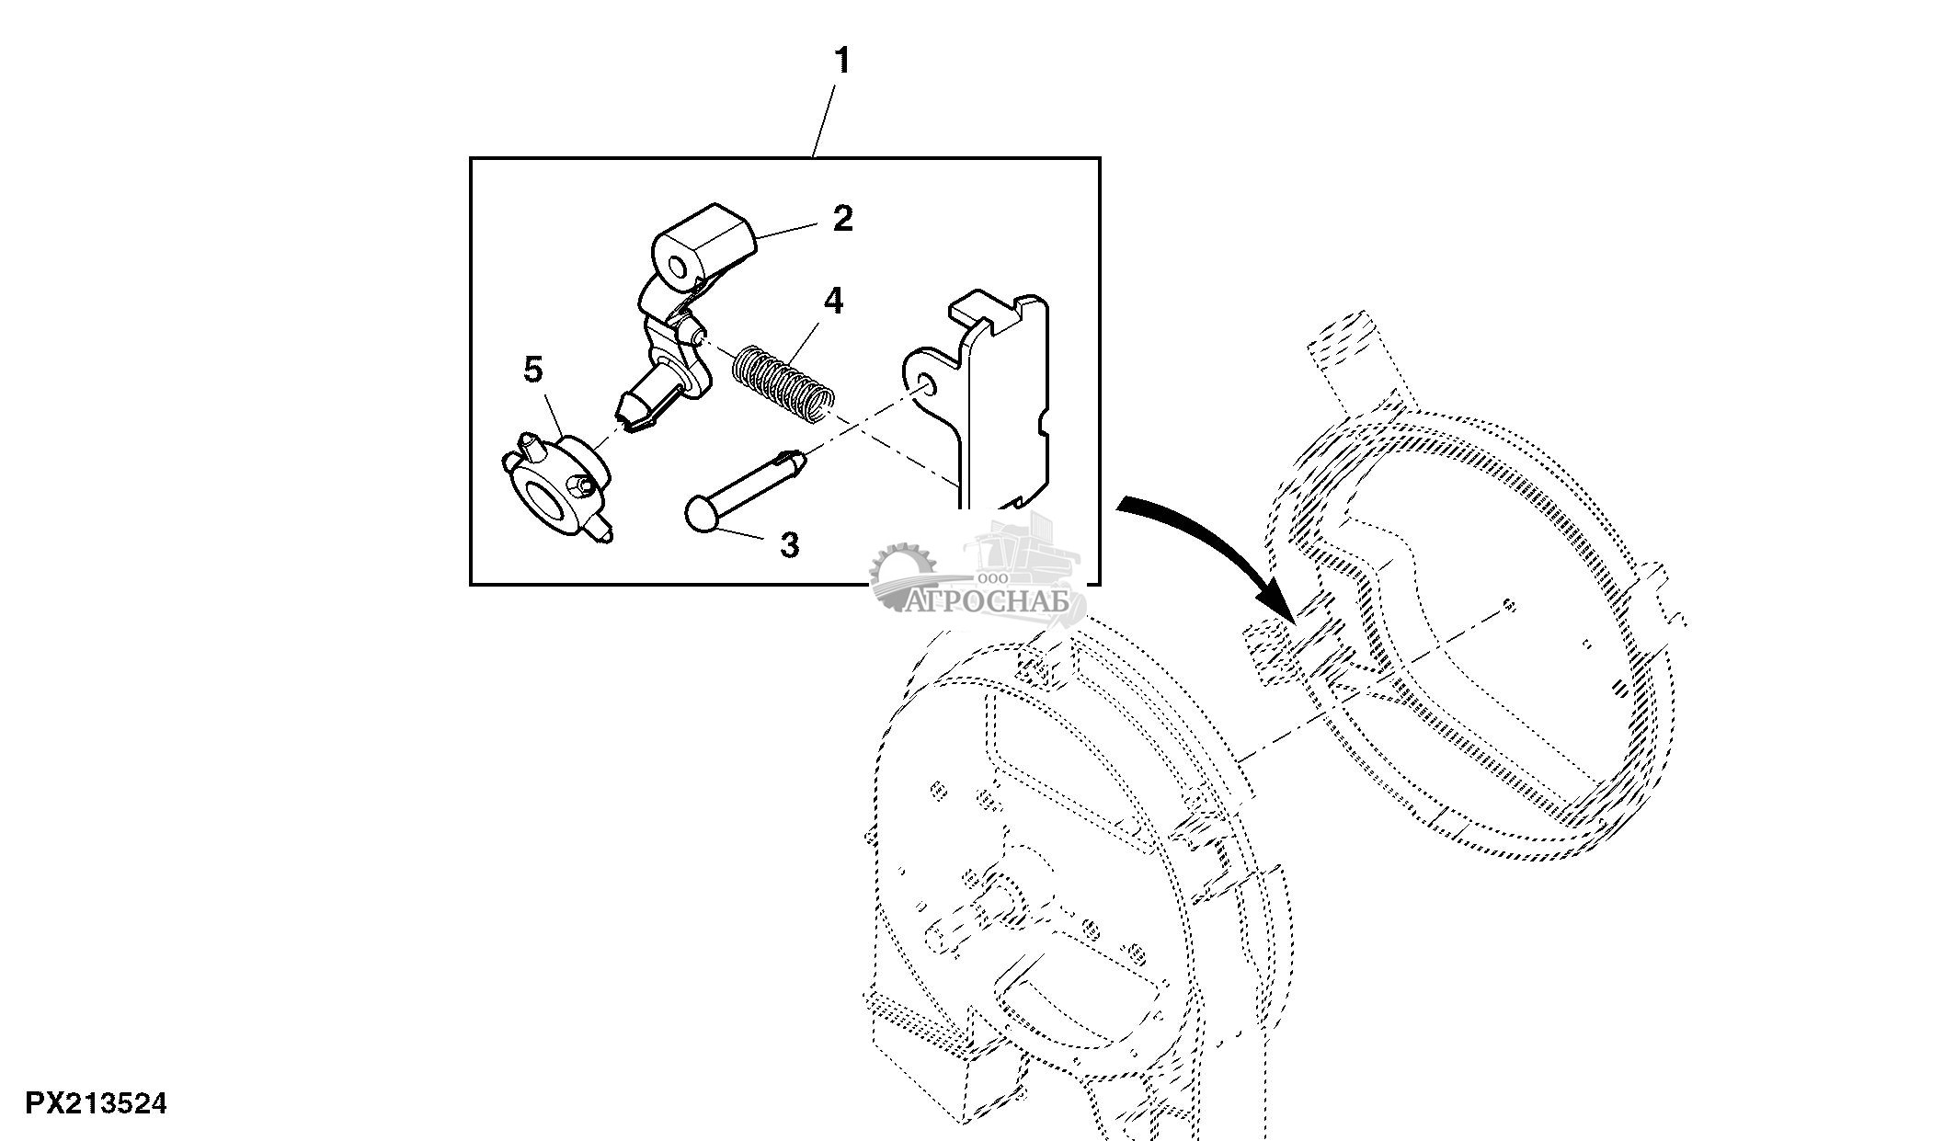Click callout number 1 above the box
[x=841, y=62]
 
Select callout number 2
[x=842, y=219]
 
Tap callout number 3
[x=789, y=545]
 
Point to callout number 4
[x=833, y=302]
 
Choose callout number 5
[x=533, y=371]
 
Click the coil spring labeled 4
[x=783, y=384]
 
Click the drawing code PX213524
[x=96, y=1102]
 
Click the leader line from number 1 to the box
[x=825, y=120]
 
